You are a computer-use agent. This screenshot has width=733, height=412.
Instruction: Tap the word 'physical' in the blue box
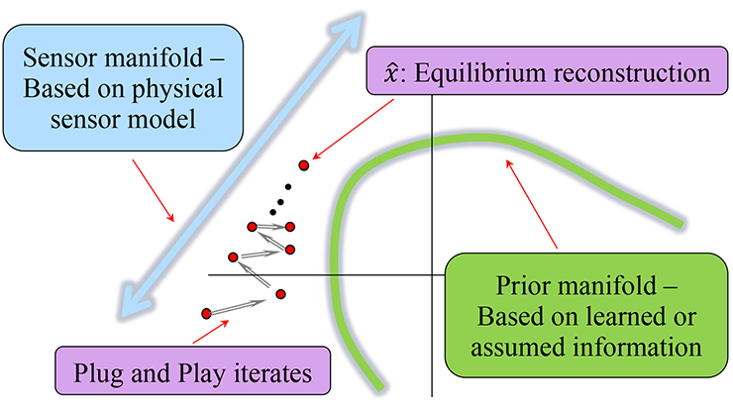point(177,89)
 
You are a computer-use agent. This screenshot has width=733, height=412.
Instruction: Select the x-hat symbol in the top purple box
point(391,73)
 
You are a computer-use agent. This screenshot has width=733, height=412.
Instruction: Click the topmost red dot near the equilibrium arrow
point(304,165)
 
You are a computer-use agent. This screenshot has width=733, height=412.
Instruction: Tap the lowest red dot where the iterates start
point(206,313)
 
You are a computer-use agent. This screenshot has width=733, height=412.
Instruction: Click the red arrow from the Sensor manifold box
point(154,190)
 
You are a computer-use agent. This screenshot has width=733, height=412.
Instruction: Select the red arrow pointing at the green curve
point(532,204)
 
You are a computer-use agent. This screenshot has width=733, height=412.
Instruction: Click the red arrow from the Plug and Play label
point(211,332)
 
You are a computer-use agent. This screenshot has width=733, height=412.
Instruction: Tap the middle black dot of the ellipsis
point(280,202)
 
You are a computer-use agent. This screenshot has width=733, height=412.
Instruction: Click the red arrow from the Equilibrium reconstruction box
point(353,130)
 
